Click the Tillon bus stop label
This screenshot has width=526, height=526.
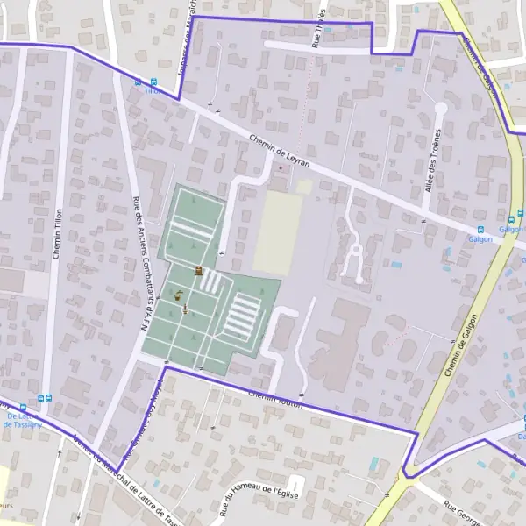coord(152,90)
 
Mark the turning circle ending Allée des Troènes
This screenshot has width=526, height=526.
coord(440,109)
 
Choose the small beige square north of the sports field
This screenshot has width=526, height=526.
coord(303,187)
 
